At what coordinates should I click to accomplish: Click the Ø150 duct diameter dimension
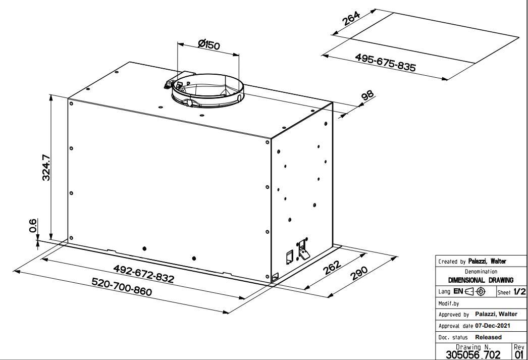coord(209,44)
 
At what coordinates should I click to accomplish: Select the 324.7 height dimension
coord(46,167)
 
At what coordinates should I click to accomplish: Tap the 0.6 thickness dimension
coord(33,226)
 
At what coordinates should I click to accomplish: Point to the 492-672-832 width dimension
coord(144,274)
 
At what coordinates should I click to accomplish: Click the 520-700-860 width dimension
coord(122,287)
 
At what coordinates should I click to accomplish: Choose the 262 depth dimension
coord(332,268)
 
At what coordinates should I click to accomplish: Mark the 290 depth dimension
coord(359,274)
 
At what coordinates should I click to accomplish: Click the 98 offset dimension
coord(367,95)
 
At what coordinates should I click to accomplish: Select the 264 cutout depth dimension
coord(351,19)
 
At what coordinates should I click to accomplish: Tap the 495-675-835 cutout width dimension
coord(386,62)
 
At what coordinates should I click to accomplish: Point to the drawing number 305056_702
coord(473,354)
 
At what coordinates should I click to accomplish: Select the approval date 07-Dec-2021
coord(492,326)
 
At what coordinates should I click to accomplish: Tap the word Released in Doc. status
coord(488,337)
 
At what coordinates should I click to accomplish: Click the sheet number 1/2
coord(519,292)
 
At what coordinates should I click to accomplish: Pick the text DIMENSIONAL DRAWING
coord(481,280)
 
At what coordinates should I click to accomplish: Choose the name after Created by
coord(487,262)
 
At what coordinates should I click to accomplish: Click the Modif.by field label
coord(449,303)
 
